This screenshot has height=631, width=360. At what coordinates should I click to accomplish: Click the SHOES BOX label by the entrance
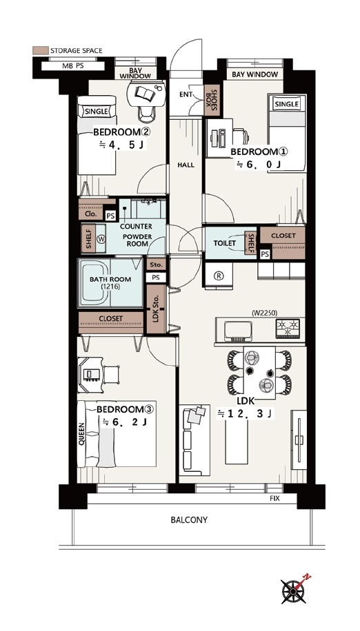(x=212, y=101)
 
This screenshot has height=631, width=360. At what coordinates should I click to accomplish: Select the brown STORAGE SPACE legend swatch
(x=40, y=50)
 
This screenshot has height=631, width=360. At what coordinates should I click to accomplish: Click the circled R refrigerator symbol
(x=219, y=276)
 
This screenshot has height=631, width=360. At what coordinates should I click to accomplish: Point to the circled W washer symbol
(x=101, y=239)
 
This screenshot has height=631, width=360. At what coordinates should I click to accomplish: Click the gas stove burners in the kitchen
(x=288, y=327)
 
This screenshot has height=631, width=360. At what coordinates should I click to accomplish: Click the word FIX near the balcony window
(x=274, y=499)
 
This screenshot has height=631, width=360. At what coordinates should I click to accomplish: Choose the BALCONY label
(x=189, y=519)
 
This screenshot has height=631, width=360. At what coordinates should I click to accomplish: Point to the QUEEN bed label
(x=82, y=434)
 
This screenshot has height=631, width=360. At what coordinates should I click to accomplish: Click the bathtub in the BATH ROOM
(x=94, y=283)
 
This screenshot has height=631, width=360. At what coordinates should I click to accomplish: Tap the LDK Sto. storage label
(x=155, y=309)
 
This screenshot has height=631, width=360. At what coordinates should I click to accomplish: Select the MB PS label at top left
(x=73, y=66)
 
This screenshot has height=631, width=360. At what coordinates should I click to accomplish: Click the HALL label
(x=186, y=165)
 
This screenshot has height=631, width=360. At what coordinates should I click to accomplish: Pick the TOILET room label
(x=224, y=243)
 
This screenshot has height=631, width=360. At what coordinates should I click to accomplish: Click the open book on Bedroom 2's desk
(x=145, y=94)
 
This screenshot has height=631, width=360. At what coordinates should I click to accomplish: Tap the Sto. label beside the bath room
(x=156, y=265)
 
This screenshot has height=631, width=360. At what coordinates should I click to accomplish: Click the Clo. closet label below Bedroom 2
(x=91, y=214)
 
